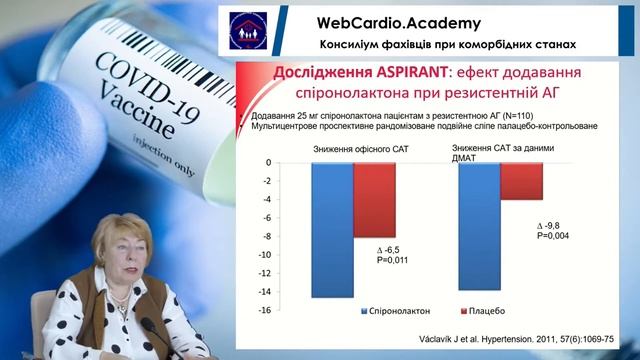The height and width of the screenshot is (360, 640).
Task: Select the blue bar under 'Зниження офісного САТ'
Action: [x=332, y=229]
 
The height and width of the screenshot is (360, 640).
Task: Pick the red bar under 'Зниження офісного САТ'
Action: [x=375, y=200]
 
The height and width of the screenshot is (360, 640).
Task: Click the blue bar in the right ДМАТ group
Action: [x=479, y=226]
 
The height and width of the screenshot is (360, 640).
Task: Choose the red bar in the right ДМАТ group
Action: [x=521, y=181]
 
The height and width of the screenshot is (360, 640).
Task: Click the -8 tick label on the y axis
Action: [x=267, y=236]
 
